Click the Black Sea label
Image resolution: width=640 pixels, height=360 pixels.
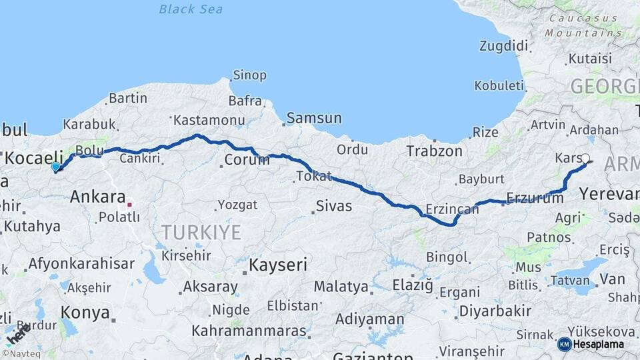(x=191, y=9)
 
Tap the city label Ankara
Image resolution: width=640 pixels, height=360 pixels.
(x=97, y=197)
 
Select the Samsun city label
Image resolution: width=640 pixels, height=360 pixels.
(x=313, y=119)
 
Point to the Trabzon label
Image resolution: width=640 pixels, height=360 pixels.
(x=435, y=151)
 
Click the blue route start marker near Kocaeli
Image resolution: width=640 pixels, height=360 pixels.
(x=55, y=167)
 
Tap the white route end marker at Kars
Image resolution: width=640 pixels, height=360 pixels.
(x=585, y=159)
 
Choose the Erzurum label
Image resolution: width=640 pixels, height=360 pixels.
(x=535, y=197)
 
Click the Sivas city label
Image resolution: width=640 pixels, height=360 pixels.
(x=333, y=206)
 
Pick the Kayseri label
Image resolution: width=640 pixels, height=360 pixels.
(x=278, y=265)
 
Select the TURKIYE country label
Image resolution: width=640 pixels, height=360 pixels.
(x=201, y=232)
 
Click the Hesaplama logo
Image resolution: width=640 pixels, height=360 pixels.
(x=592, y=344)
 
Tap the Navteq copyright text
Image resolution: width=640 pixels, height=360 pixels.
(x=23, y=354)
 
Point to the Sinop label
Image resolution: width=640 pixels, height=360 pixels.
(x=249, y=75)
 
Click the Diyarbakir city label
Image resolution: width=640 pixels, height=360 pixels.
(x=496, y=311)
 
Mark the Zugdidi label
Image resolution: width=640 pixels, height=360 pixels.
(x=503, y=46)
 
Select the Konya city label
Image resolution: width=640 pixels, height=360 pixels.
(x=85, y=311)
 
